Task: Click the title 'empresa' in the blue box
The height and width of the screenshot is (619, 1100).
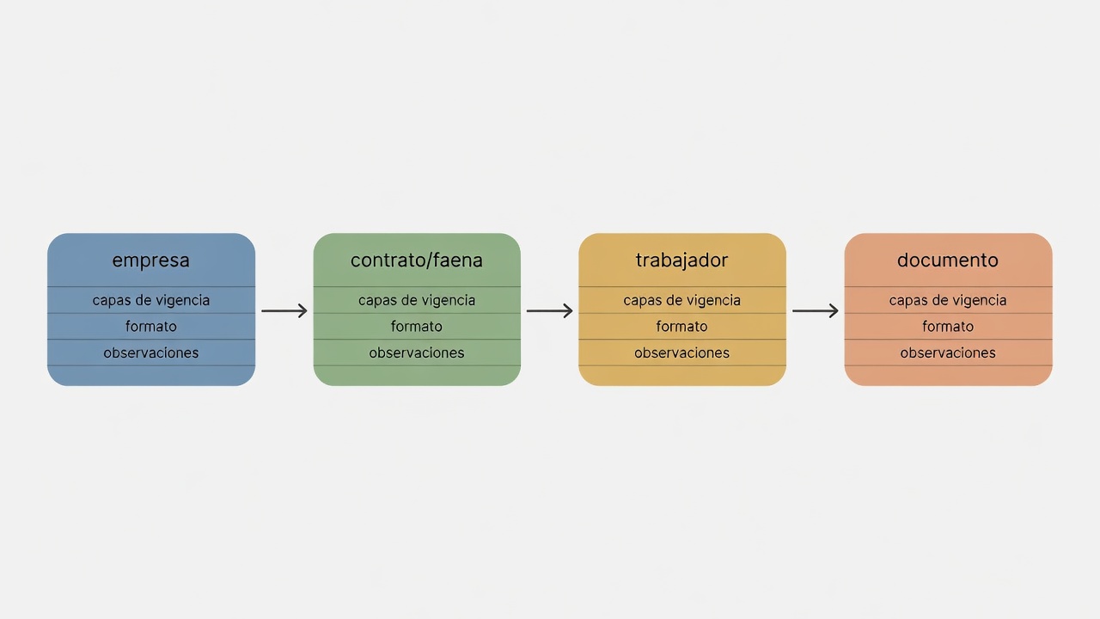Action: click(x=150, y=260)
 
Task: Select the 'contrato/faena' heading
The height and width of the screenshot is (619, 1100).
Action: click(x=417, y=260)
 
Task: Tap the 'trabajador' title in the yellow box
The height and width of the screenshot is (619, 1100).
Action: click(x=681, y=260)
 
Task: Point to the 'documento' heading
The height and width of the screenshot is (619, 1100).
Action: click(x=948, y=260)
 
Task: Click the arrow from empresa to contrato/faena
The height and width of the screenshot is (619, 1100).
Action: click(x=284, y=310)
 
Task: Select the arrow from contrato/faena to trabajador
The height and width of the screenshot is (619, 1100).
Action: click(x=549, y=310)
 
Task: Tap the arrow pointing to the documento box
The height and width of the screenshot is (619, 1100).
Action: click(x=816, y=310)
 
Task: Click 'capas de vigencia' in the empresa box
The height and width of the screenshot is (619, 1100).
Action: click(x=150, y=300)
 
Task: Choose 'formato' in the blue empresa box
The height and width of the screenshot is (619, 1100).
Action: click(x=150, y=326)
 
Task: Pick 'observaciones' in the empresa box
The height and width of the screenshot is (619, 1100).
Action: click(x=150, y=352)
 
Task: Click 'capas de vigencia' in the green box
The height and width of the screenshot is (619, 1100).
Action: click(x=417, y=300)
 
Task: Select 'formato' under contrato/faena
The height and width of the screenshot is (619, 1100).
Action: click(x=417, y=326)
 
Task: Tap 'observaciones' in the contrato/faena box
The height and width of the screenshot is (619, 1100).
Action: click(x=417, y=352)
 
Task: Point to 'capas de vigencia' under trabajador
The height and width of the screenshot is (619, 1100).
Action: click(x=681, y=300)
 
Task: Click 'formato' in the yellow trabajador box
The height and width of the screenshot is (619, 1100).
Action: click(x=681, y=326)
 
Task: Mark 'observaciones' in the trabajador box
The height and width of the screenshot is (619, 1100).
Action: click(x=681, y=352)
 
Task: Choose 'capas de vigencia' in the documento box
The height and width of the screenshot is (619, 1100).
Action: click(x=948, y=300)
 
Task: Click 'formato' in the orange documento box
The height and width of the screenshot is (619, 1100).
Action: click(x=948, y=326)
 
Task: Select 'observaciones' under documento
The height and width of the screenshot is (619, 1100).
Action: click(x=948, y=352)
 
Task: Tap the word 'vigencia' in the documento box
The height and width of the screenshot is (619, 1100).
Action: click(x=977, y=301)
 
